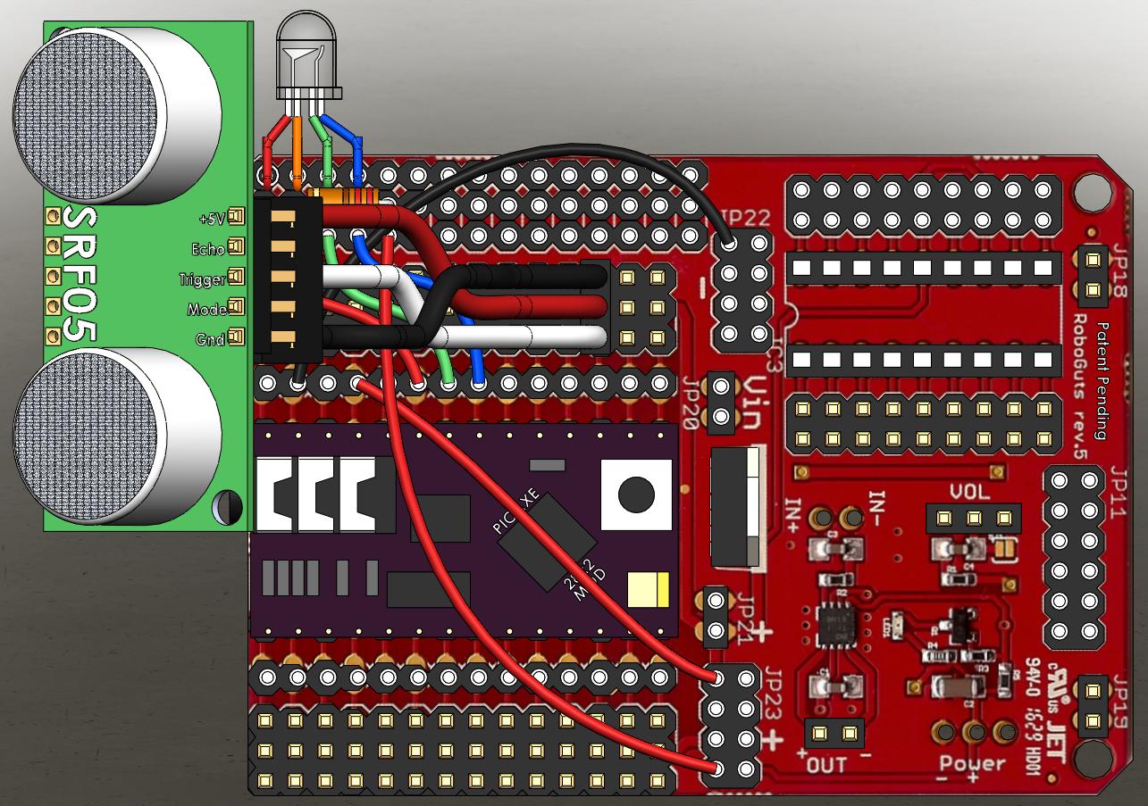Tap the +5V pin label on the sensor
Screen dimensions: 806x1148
coord(213,217)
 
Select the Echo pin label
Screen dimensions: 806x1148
coord(207,248)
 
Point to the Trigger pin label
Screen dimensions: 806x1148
coord(202,279)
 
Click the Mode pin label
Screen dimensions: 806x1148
coord(206,310)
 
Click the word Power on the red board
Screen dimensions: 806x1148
coord(972,764)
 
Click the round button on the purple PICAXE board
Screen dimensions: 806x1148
coord(635,494)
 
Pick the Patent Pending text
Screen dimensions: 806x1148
coord(1100,380)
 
